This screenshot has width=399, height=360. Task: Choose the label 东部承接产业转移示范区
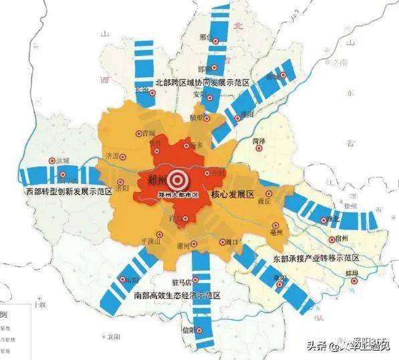316,258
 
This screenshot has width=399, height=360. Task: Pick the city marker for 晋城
138,133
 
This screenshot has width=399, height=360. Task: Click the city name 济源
115,156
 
